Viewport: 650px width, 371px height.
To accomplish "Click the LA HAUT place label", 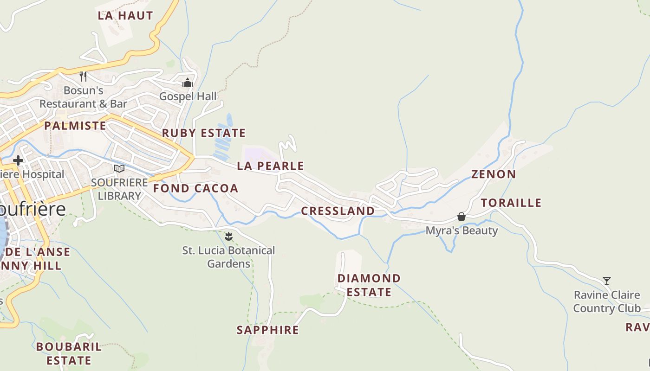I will pyautogui.click(x=125, y=15).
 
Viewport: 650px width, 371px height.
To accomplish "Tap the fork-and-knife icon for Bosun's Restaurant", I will pyautogui.click(x=83, y=76).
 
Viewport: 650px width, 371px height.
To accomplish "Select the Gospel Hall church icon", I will pyautogui.click(x=188, y=83).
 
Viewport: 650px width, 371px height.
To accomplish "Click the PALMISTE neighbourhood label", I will pyautogui.click(x=75, y=126).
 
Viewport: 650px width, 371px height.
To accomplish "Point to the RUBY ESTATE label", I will pyautogui.click(x=204, y=133).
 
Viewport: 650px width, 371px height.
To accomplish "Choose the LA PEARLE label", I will pyautogui.click(x=270, y=166).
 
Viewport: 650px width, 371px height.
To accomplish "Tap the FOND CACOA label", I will pyautogui.click(x=195, y=188).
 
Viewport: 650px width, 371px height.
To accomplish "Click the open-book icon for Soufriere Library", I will pyautogui.click(x=119, y=168).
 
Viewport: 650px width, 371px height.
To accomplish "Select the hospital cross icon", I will pyautogui.click(x=18, y=160).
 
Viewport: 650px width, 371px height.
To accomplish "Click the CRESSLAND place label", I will pyautogui.click(x=338, y=211).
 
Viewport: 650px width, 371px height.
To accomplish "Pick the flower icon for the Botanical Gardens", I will pyautogui.click(x=228, y=237).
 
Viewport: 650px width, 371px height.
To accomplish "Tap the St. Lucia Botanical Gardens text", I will pyautogui.click(x=228, y=257).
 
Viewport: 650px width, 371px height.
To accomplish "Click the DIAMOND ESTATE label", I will pyautogui.click(x=369, y=285).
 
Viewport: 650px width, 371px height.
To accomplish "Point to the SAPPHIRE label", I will pyautogui.click(x=267, y=330).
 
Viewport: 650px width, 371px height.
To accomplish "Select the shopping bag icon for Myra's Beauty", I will pyautogui.click(x=461, y=217).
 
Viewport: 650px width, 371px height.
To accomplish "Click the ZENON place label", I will pyautogui.click(x=494, y=174).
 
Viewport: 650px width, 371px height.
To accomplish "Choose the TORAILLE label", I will pyautogui.click(x=511, y=203).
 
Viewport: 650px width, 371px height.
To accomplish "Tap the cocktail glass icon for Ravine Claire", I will pyautogui.click(x=606, y=281).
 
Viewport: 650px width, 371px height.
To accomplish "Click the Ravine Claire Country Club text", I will pyautogui.click(x=606, y=301).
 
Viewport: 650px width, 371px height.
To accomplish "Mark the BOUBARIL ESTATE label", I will pyautogui.click(x=69, y=353).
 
